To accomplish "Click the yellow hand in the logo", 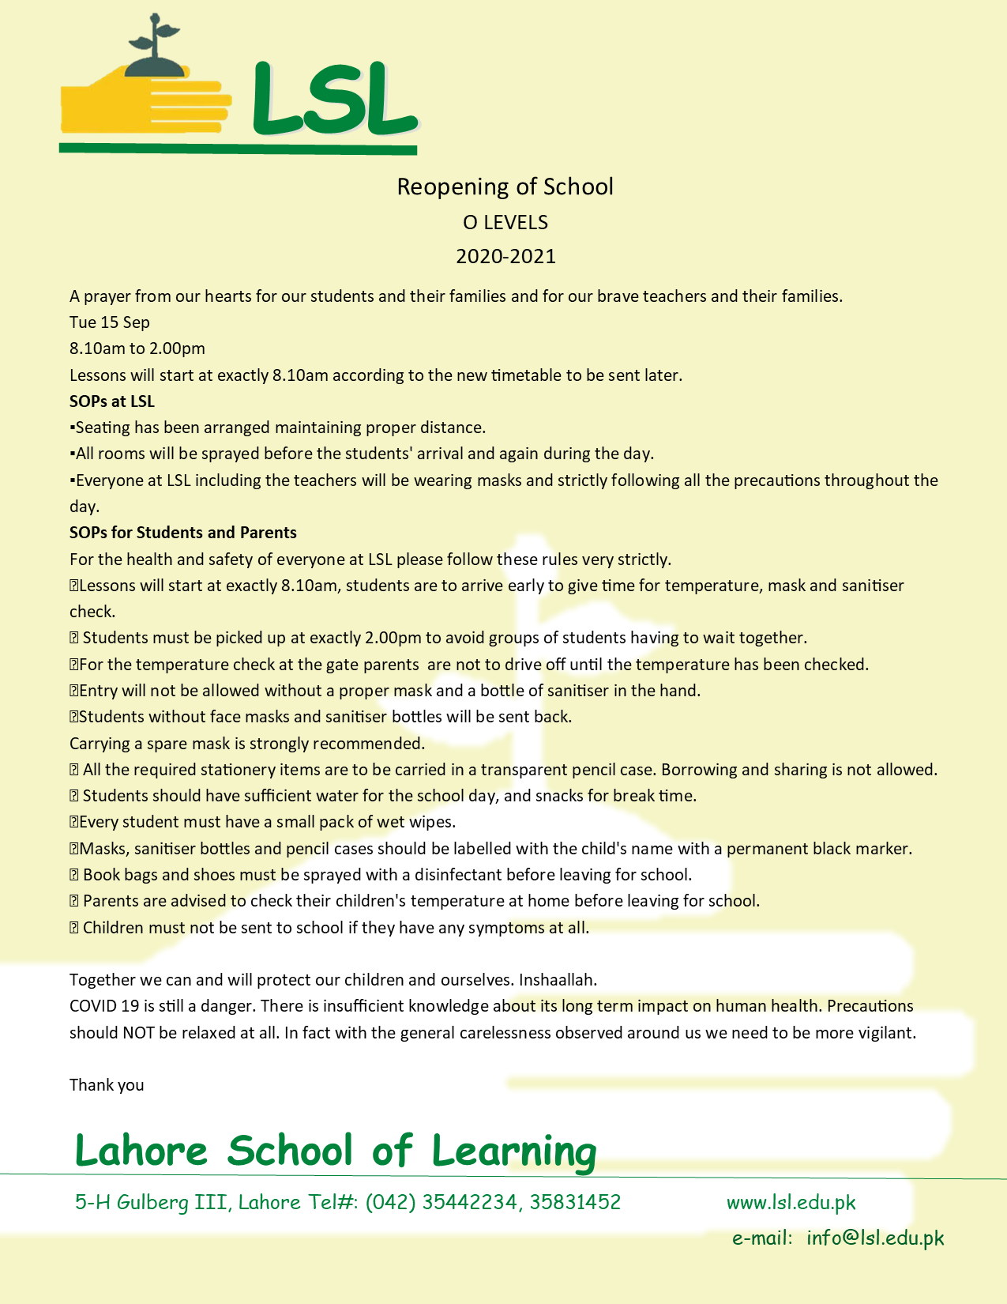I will pos(142,103).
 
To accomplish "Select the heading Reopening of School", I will pos(505,187).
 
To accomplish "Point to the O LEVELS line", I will pos(505,223).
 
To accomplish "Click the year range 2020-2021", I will pos(505,256).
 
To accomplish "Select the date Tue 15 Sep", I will pos(109,322).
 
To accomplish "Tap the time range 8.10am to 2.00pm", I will pos(137,349).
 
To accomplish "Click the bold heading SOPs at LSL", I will pos(112,401).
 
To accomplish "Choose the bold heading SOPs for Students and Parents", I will pos(182,533).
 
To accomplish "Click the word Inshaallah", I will pos(558,980).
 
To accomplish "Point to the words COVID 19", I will pos(104,1006).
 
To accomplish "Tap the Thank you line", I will pos(107,1085).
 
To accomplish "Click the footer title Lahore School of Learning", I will pos(335,1151).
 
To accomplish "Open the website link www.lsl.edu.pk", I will pos(791,1203).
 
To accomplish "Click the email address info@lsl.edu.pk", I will pos(874,1238).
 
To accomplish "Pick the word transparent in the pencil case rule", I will pos(524,770).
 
